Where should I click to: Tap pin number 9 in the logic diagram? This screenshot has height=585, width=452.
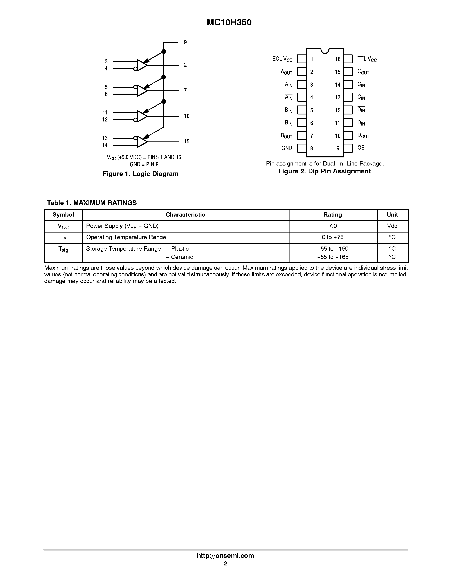click(x=185, y=42)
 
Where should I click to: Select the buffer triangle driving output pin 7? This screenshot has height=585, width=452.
click(x=142, y=91)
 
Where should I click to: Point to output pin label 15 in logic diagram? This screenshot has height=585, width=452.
click(x=187, y=141)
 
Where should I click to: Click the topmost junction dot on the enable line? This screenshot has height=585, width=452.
click(x=164, y=51)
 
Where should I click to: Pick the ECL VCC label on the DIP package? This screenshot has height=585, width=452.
click(x=282, y=59)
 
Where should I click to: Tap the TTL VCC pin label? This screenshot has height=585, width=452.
click(x=367, y=59)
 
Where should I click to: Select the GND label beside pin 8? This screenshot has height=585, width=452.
click(x=287, y=148)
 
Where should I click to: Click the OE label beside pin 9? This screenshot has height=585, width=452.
click(x=361, y=148)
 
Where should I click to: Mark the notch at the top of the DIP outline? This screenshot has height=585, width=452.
click(x=325, y=51)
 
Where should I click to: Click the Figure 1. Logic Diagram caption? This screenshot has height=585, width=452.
click(x=141, y=174)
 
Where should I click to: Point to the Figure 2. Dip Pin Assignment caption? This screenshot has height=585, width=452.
click(x=324, y=171)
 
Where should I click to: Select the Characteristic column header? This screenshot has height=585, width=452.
click(x=185, y=215)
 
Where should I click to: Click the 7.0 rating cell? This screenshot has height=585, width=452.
click(x=333, y=226)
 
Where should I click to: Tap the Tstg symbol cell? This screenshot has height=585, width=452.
click(x=63, y=249)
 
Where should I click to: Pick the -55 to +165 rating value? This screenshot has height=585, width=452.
click(x=333, y=257)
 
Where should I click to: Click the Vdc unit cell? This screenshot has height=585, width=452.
click(x=392, y=226)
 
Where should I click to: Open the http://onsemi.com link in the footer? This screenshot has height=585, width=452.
click(x=225, y=555)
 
